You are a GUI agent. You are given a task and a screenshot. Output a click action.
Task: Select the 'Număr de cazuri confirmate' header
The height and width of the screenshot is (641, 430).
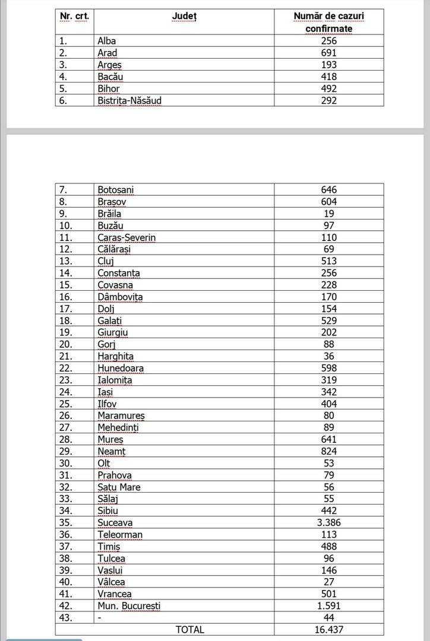pyautogui.click(x=329, y=23)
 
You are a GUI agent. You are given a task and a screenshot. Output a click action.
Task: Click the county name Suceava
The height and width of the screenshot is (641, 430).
pyautogui.click(x=115, y=523)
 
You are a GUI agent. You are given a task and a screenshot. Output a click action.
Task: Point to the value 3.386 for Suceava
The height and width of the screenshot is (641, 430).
pyautogui.click(x=329, y=523)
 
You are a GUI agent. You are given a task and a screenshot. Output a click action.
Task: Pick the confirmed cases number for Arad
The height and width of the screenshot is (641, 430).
pyautogui.click(x=329, y=53)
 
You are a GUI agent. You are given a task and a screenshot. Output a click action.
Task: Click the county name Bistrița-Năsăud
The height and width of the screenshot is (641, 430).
pyautogui.click(x=129, y=100)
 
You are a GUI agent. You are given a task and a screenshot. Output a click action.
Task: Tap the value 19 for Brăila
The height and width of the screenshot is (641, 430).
pyautogui.click(x=329, y=214)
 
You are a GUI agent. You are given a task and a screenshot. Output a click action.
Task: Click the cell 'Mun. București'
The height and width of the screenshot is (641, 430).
pyautogui.click(x=129, y=606)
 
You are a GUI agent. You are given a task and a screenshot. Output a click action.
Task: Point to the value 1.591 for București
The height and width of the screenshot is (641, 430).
pyautogui.click(x=329, y=606)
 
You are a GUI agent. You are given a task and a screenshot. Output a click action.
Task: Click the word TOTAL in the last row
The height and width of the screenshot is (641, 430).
pyautogui.click(x=189, y=630)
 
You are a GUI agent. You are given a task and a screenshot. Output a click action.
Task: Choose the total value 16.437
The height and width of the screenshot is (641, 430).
pyautogui.click(x=329, y=630)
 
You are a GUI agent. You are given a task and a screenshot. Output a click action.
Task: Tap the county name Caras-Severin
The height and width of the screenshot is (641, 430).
pyautogui.click(x=127, y=237)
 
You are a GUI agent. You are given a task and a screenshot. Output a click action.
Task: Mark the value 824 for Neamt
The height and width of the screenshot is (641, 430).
pyautogui.click(x=329, y=452)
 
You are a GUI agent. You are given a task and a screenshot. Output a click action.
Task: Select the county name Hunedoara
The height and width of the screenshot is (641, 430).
pyautogui.click(x=121, y=368)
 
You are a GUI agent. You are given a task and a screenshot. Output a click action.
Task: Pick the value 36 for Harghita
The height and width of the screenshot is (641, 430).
pyautogui.click(x=329, y=356)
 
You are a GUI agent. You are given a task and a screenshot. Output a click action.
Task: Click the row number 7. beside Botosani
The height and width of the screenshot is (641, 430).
pyautogui.click(x=64, y=190)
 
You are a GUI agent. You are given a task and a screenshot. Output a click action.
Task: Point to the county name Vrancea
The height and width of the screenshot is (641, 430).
pyautogui.click(x=115, y=594)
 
